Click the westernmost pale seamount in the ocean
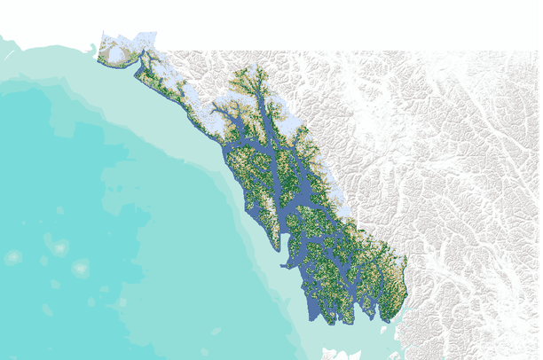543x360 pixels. click(x=13, y=257)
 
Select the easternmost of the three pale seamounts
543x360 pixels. click(x=81, y=267)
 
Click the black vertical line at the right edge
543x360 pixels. click(x=540, y=177)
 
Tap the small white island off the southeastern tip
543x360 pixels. click(x=383, y=328)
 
